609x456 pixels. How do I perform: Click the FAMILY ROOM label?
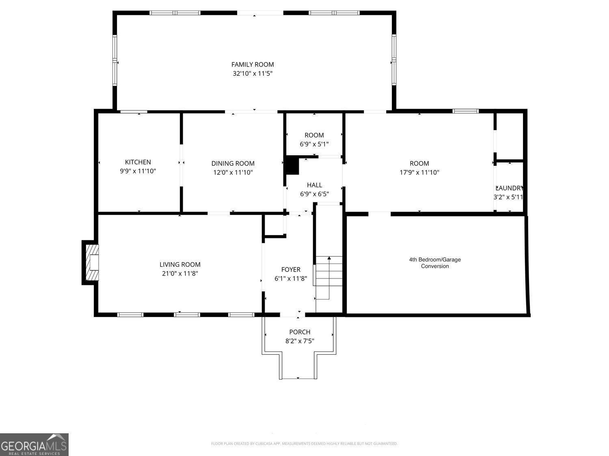point(253,64)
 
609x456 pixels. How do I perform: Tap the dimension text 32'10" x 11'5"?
point(253,74)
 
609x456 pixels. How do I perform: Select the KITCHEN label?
point(138,162)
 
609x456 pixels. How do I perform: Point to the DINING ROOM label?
point(233,163)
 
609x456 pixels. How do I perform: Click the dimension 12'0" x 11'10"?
point(233,173)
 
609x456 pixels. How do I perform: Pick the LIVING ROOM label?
point(180,265)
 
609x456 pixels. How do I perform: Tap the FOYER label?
point(291,270)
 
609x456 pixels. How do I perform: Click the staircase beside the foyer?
point(328,272)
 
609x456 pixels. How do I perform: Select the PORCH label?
point(300,332)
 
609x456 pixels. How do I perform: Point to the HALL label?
point(314,185)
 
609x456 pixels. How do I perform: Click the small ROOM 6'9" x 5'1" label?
point(314,135)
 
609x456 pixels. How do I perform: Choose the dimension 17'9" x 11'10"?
point(419,173)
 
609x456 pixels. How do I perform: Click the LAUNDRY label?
point(509,188)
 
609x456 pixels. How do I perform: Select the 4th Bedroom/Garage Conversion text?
point(435,263)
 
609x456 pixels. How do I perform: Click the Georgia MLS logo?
point(34,445)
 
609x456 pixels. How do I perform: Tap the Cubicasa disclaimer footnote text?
point(304,443)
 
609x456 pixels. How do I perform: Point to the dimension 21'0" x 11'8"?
point(180,274)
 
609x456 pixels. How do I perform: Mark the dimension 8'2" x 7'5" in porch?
point(300,341)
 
